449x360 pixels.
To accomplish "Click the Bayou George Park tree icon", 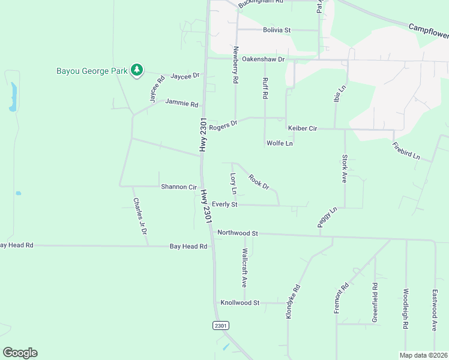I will (137, 71).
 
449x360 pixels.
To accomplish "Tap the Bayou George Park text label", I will (92, 71).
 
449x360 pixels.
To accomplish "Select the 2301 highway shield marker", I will (221, 325).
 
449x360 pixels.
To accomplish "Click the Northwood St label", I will (238, 233).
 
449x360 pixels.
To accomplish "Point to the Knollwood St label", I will (240, 303).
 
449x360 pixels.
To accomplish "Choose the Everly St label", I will (225, 205).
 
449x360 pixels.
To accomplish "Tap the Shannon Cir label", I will (179, 187).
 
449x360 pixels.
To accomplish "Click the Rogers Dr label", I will (223, 124).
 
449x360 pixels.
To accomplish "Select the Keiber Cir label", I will (302, 128).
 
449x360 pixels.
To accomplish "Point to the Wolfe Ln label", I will (280, 143).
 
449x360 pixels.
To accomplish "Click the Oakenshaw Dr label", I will (263, 59).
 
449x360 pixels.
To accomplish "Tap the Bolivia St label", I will (276, 30).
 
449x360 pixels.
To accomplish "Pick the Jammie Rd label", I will (181, 104).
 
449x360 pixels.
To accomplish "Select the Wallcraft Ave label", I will (244, 266).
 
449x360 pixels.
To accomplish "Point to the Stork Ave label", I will (345, 169).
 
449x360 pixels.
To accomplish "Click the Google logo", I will (20, 353).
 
